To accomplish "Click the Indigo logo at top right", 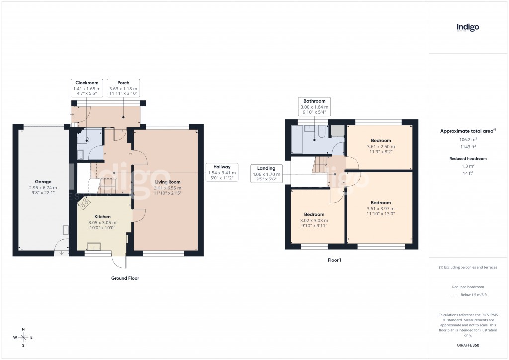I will tap(468, 28).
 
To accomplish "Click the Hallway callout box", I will tap(223, 172).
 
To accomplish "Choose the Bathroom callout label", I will tap(314, 106).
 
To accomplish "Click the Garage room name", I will tap(43, 182).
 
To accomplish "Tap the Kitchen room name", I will tap(102, 217).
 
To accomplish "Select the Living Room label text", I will tap(167, 182).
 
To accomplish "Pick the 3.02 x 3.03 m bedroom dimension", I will tap(314, 221).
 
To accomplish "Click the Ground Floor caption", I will tap(125, 279).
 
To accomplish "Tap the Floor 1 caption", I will tap(334, 260).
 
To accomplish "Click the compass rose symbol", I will tap(23, 338).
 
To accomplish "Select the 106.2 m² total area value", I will tap(467, 140).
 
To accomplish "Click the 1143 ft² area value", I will tap(467, 147).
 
